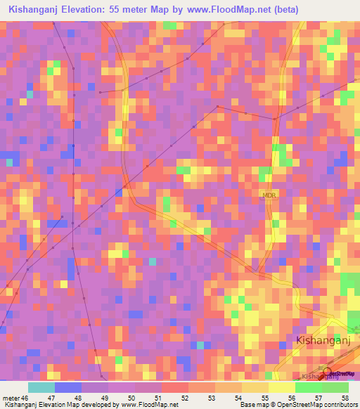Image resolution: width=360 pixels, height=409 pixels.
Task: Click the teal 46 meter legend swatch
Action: (41, 387)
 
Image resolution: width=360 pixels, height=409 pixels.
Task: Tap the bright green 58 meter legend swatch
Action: (335, 387)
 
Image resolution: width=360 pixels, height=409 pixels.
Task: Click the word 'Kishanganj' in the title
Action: (34, 9)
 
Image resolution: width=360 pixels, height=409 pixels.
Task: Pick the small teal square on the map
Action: (153, 261)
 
